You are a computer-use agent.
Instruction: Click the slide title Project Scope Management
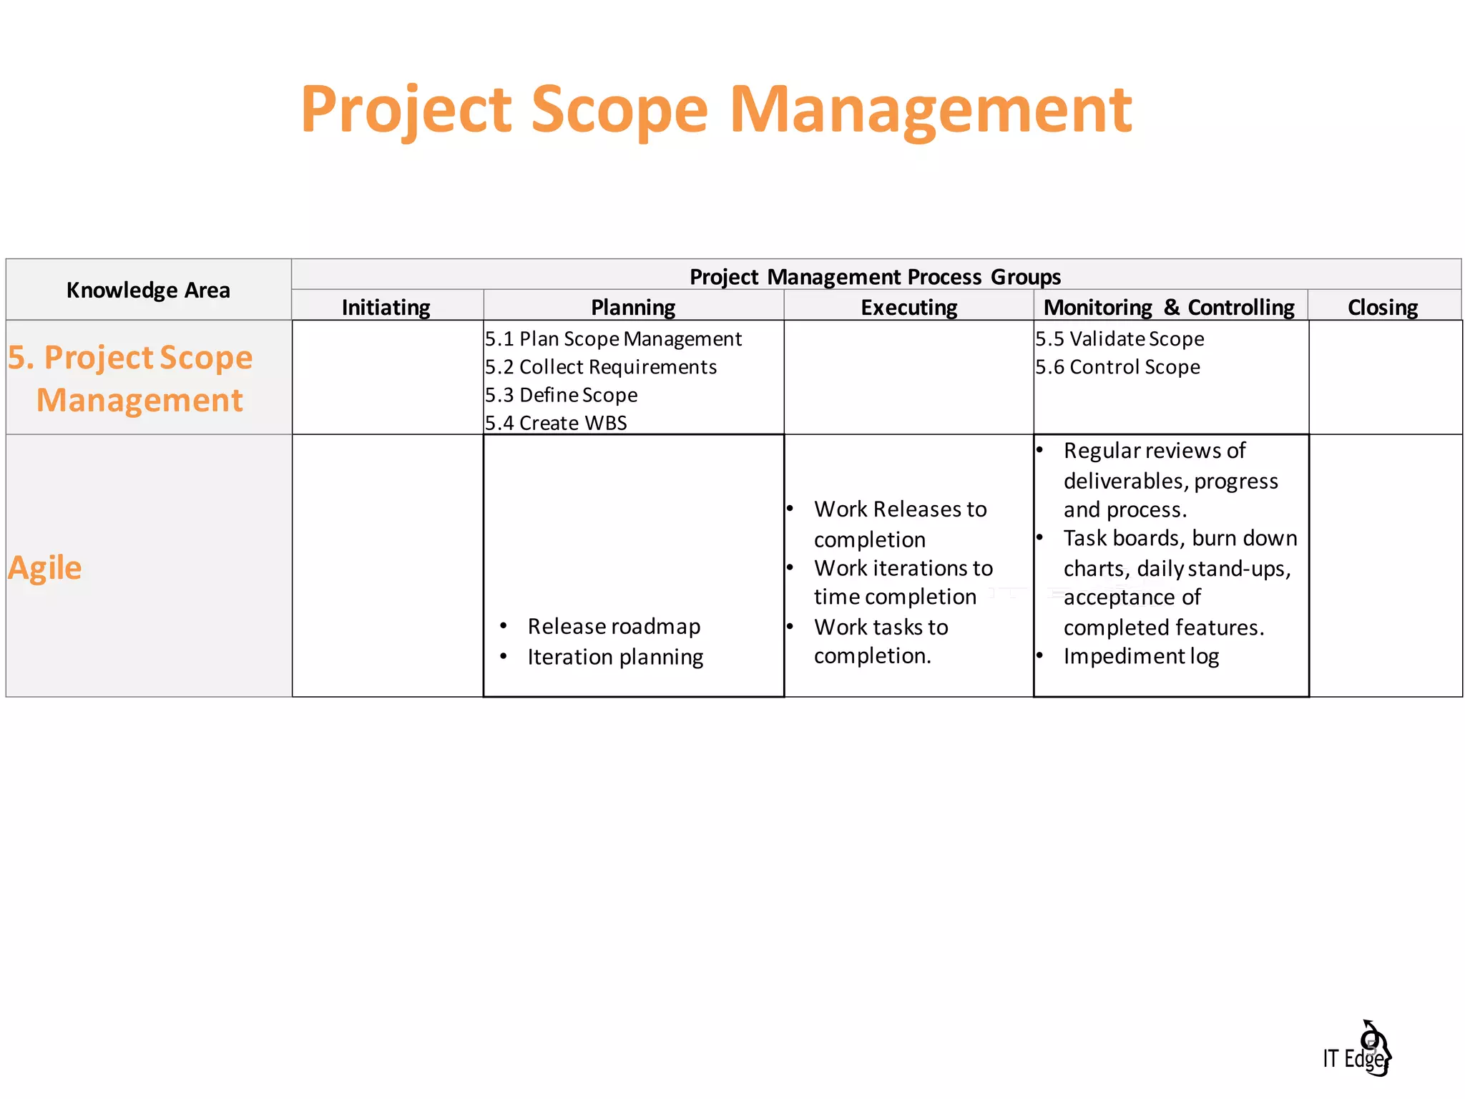click(x=716, y=109)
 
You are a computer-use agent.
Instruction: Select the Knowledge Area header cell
click(x=148, y=290)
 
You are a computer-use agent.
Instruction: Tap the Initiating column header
click(x=386, y=308)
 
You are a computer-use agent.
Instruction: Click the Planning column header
click(x=633, y=308)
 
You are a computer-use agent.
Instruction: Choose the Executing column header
click(x=908, y=308)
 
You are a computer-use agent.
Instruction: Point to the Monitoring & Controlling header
click(x=1169, y=308)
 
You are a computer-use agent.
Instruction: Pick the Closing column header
click(x=1382, y=308)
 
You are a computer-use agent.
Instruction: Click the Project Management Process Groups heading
click(x=875, y=277)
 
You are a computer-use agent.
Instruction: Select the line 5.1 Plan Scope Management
click(x=613, y=339)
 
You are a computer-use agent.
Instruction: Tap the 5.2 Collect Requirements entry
click(x=601, y=367)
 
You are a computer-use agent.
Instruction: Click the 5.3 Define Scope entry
click(x=561, y=395)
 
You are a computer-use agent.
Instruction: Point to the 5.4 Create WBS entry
click(x=556, y=423)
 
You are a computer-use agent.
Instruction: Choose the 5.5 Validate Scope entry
click(x=1119, y=339)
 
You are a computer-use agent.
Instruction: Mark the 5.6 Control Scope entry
click(x=1117, y=367)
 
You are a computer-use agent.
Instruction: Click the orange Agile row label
click(x=45, y=568)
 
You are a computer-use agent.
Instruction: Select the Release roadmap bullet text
click(x=614, y=627)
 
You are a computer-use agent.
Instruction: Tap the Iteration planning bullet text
click(x=615, y=657)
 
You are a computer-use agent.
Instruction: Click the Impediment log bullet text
click(x=1141, y=656)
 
